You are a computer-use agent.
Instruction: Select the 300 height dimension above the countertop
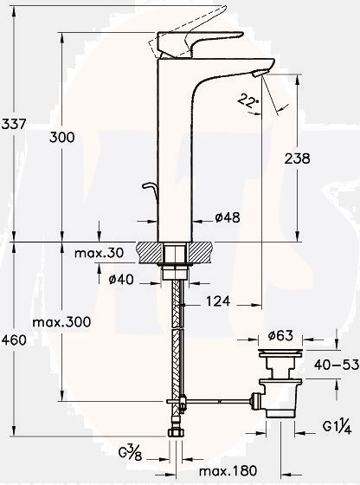(62, 138)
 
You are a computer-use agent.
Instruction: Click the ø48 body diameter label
(226, 218)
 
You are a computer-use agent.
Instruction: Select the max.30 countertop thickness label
(100, 253)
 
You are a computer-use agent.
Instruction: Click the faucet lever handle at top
(186, 42)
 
